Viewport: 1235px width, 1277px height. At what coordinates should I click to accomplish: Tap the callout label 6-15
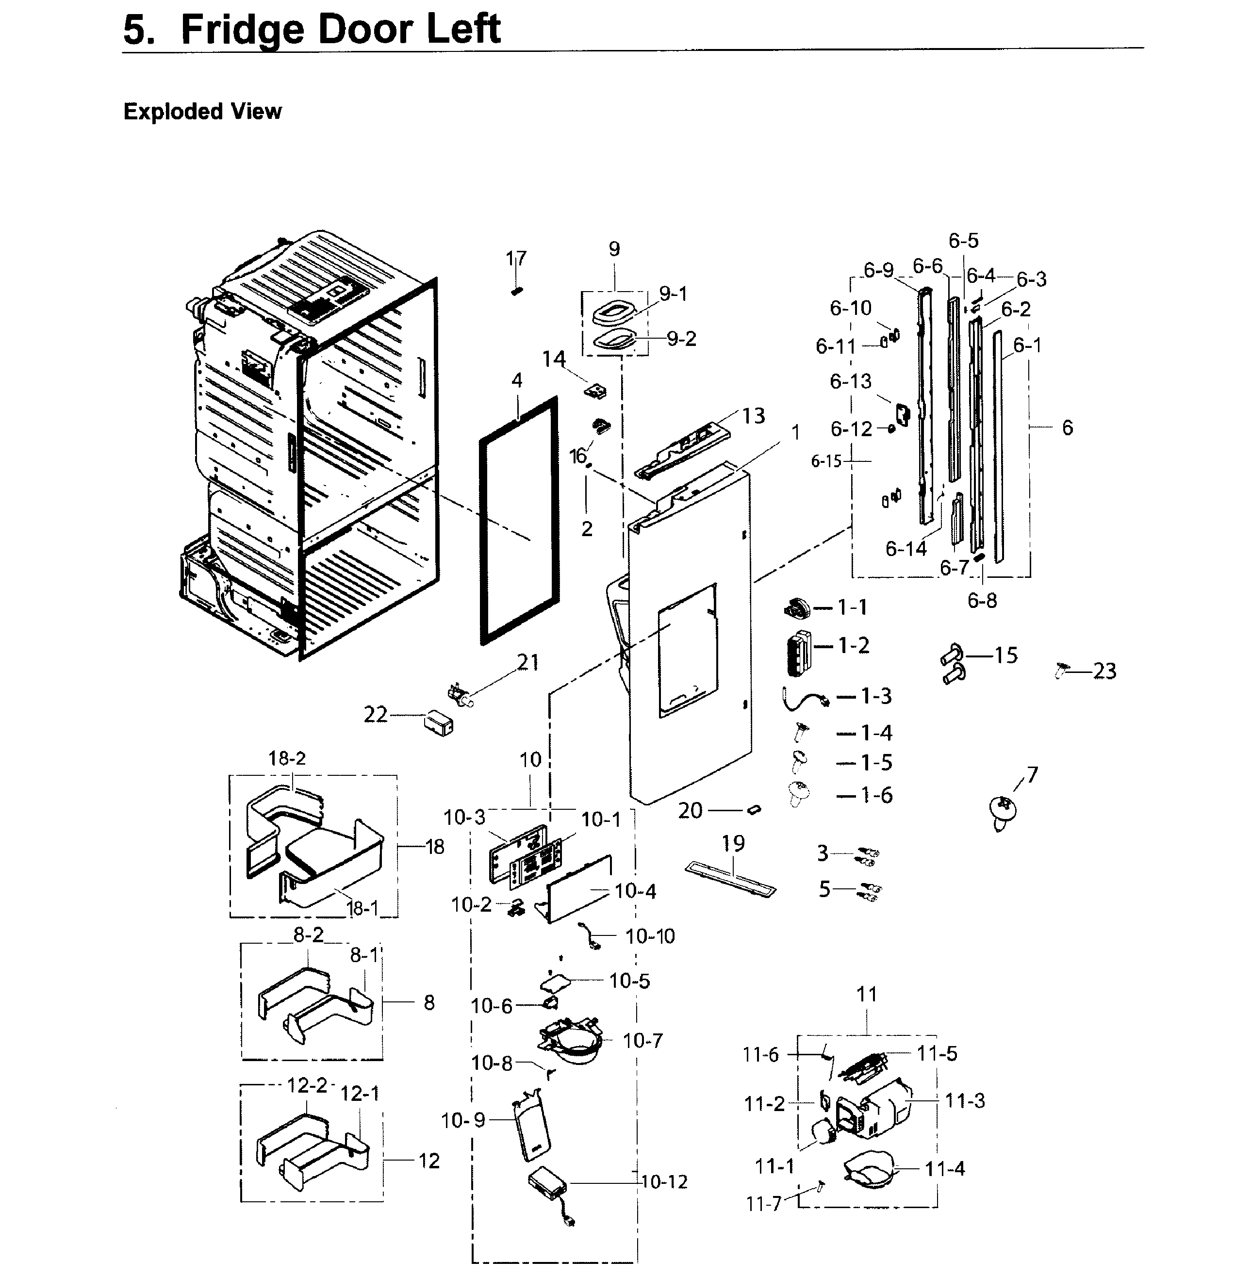pyautogui.click(x=826, y=462)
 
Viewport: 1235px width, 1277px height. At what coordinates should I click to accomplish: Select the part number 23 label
pyautogui.click(x=1104, y=671)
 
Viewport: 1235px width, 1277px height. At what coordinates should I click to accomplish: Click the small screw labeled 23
pyautogui.click(x=1062, y=669)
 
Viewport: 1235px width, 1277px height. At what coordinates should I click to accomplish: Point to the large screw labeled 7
pyautogui.click(x=1004, y=812)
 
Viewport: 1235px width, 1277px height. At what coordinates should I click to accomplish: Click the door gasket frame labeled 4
pyautogui.click(x=519, y=521)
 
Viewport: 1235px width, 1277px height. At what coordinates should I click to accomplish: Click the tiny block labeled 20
pyautogui.click(x=754, y=809)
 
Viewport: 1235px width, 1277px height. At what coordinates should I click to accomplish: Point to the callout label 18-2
pyautogui.click(x=287, y=758)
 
